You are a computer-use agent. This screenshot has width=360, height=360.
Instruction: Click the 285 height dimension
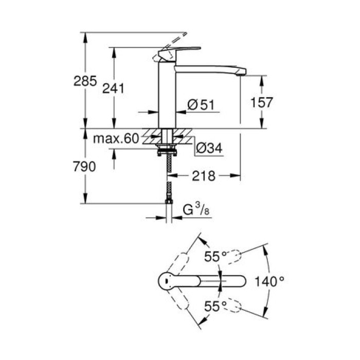85,81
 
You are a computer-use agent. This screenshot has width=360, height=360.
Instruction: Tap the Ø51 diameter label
200,104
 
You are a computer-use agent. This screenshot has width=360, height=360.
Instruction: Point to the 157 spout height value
261,102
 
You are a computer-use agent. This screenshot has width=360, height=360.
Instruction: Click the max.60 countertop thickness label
116,138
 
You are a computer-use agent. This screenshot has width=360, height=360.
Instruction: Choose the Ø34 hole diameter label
208,149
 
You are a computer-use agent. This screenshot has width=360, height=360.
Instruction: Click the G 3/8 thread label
196,210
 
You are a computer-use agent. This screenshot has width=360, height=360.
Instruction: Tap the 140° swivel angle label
270,281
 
